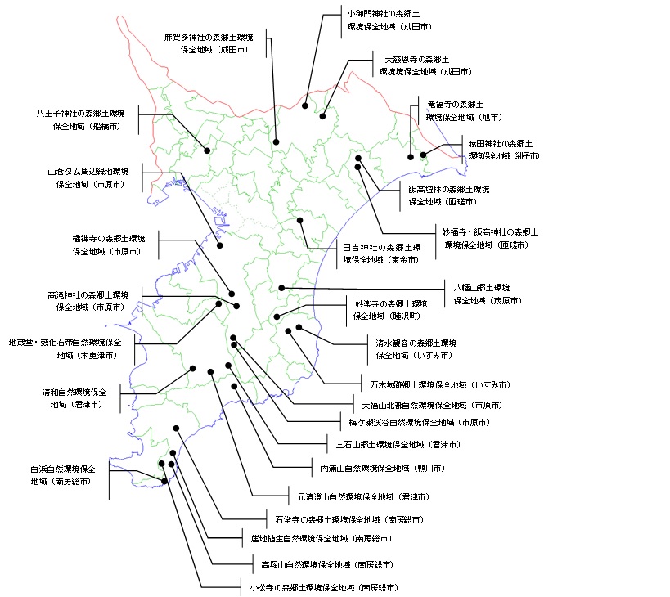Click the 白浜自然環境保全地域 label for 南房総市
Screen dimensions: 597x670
point(63,475)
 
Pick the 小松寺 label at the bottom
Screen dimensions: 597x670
point(324,587)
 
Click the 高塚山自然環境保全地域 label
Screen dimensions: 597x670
point(326,564)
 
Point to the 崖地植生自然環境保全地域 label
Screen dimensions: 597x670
point(320,539)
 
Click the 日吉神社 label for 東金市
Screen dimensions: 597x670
point(381,253)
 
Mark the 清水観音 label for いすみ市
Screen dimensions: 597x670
point(416,349)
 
